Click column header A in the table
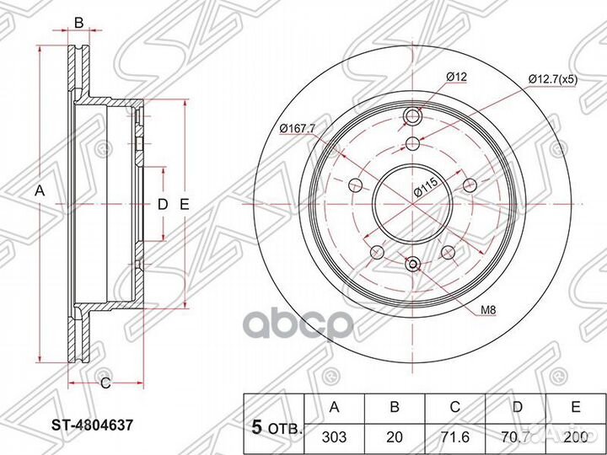335,408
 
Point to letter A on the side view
38,191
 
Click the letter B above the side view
78,23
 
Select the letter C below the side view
105,384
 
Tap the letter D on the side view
164,203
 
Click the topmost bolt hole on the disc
412,117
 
